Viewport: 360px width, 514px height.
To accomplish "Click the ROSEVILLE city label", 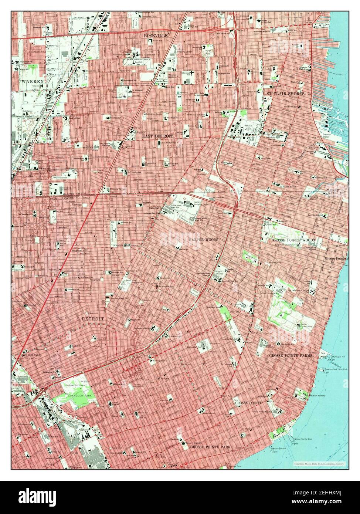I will coord(156,35).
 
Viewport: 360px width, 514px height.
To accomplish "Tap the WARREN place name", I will coord(33,81).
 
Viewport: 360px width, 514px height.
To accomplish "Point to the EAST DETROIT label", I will coord(157,136).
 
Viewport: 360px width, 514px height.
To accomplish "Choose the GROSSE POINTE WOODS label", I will coord(293,240).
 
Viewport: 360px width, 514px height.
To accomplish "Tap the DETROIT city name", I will coord(93,318).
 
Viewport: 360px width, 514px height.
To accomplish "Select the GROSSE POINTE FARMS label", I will coord(291,355).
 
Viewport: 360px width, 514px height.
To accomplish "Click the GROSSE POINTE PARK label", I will coord(210,447).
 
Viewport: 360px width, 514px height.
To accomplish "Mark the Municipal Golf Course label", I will coord(77,386).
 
